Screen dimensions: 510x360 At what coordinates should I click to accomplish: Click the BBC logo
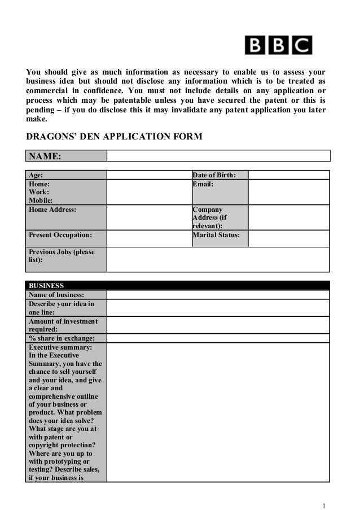pyautogui.click(x=278, y=45)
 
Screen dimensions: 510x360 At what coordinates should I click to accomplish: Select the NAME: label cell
pyautogui.click(x=66, y=156)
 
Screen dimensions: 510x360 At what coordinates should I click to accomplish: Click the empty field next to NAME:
pyautogui.click(x=218, y=156)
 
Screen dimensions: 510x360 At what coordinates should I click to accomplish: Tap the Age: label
pyautogui.click(x=66, y=175)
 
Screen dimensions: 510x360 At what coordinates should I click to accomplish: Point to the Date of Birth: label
pyautogui.click(x=219, y=175)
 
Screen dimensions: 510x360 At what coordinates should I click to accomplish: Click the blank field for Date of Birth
pyautogui.click(x=288, y=175)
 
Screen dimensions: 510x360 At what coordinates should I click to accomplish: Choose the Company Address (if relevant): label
pyautogui.click(x=219, y=217)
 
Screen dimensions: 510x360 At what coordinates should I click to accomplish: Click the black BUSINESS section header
pyautogui.click(x=178, y=285)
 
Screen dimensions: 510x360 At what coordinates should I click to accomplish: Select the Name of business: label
pyautogui.click(x=66, y=295)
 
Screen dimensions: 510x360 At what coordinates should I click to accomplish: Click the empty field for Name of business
pyautogui.click(x=218, y=295)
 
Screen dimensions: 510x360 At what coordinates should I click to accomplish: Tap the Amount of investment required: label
pyautogui.click(x=66, y=325)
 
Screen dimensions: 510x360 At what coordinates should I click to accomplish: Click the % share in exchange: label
pyautogui.click(x=66, y=338)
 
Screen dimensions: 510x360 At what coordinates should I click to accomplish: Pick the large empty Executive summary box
pyautogui.click(x=218, y=412)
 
